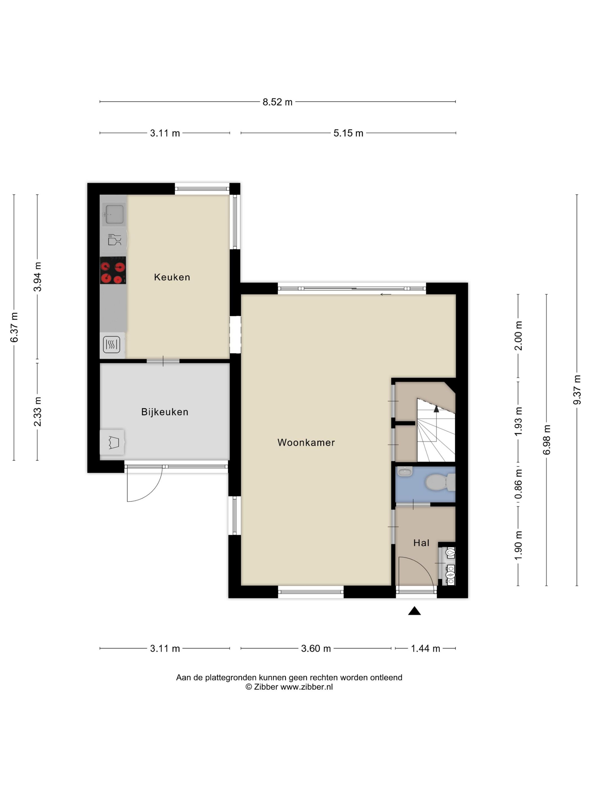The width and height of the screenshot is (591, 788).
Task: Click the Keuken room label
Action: (172, 277)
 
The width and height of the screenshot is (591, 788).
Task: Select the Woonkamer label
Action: (306, 442)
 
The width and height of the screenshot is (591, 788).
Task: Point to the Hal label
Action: (421, 543)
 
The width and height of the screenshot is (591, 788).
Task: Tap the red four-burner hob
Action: (113, 270)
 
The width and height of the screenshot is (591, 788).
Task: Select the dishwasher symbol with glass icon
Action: (114, 239)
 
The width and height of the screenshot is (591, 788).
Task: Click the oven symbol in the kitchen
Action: (112, 344)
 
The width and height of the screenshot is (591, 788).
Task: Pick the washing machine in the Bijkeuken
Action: (113, 442)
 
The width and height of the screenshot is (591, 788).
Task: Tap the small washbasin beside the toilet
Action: (405, 472)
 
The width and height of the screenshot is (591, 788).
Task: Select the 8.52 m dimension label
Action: (277, 102)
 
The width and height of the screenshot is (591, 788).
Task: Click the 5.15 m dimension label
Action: (348, 133)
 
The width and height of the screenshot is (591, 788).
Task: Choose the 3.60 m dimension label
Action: (316, 648)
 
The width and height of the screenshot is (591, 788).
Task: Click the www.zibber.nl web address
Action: (306, 687)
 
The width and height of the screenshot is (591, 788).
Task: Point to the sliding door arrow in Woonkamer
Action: (386, 295)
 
